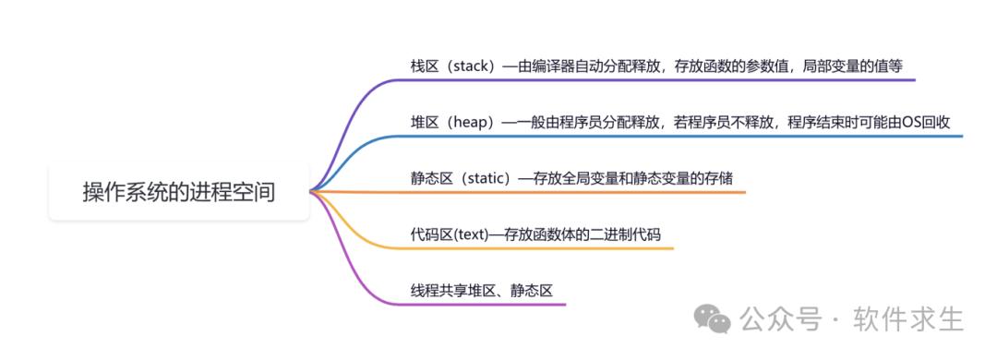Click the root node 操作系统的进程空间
click(178, 193)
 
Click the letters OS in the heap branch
click(912, 122)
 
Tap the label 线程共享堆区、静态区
click(481, 290)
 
